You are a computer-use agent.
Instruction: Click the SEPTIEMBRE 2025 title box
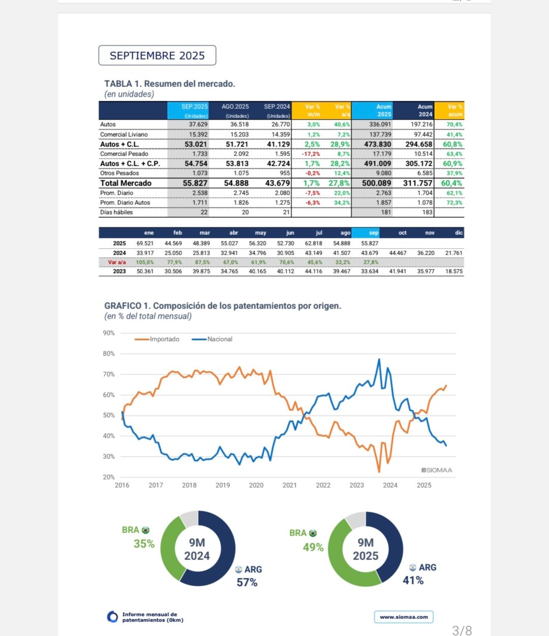click(157, 55)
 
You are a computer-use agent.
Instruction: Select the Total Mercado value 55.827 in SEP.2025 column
click(195, 183)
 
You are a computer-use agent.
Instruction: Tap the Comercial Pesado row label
click(124, 154)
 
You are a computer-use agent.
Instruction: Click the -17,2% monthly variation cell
click(311, 154)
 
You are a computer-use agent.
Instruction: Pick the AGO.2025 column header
click(235, 107)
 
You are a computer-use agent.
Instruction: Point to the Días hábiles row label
click(116, 212)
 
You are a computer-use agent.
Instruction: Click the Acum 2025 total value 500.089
click(376, 183)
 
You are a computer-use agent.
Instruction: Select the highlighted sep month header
click(374, 233)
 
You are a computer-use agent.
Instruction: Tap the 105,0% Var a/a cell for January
click(145, 262)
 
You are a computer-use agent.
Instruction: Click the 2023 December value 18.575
click(453, 271)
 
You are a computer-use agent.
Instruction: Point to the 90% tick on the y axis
click(109, 333)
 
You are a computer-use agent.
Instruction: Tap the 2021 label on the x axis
click(289, 485)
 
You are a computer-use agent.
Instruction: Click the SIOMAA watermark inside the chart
click(437, 470)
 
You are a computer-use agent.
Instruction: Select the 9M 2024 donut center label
click(197, 549)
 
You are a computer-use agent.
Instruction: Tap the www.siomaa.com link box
click(404, 617)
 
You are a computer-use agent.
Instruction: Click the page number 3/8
click(462, 630)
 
